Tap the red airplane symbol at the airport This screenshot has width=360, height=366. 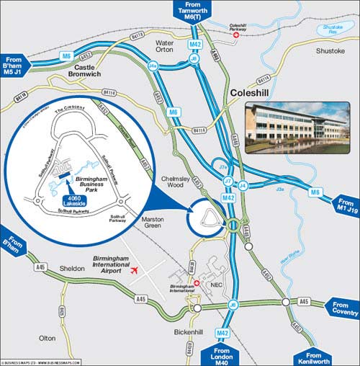pyautogui.click(x=135, y=270)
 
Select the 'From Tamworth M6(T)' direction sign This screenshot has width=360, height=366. pyautogui.click(x=192, y=11)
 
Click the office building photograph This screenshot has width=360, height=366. pyautogui.click(x=297, y=127)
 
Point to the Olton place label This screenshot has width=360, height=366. pyautogui.click(x=48, y=337)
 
